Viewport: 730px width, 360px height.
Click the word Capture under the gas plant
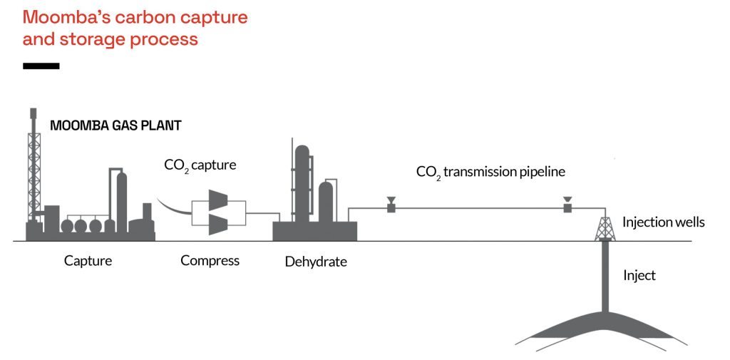click(88, 260)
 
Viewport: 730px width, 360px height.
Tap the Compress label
click(210, 260)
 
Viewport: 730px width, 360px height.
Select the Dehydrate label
click(316, 262)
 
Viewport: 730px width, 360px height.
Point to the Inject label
click(639, 276)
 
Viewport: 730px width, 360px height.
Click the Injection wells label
click(664, 222)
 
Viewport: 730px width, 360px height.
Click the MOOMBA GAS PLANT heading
click(115, 125)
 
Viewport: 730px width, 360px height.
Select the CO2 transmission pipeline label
click(490, 173)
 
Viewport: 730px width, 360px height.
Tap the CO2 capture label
click(200, 165)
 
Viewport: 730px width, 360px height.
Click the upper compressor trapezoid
click(218, 200)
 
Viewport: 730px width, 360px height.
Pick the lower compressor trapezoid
click(218, 225)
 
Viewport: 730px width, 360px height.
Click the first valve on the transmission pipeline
click(391, 205)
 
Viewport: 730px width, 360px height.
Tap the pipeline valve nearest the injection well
click(567, 205)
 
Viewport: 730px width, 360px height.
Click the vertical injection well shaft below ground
click(605, 276)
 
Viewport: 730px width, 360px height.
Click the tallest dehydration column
click(302, 184)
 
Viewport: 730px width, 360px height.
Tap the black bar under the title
click(41, 66)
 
